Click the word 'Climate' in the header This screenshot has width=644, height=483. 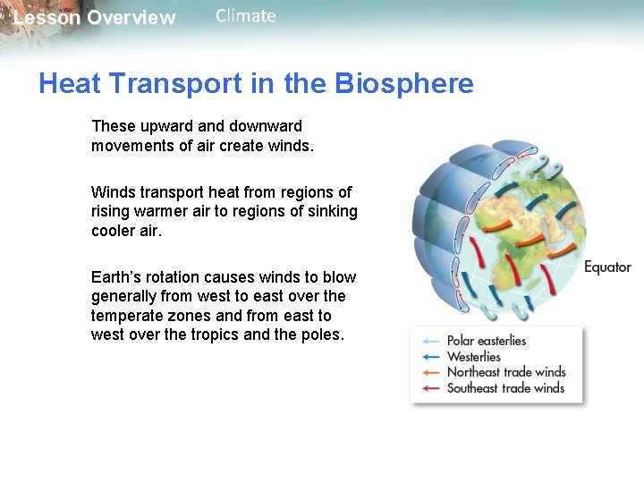click(246, 16)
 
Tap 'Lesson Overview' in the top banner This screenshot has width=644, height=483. click(95, 18)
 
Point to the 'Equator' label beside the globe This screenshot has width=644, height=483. click(607, 267)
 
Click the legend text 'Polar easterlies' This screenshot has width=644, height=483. click(487, 341)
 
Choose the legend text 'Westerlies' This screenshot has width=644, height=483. click(474, 357)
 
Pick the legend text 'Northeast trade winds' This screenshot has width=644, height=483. click(506, 372)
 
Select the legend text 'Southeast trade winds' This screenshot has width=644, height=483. click(506, 388)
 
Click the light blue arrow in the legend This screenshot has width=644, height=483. click(431, 341)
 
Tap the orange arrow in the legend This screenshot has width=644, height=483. click(431, 372)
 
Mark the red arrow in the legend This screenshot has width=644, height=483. click(431, 388)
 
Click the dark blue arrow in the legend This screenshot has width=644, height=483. click(431, 357)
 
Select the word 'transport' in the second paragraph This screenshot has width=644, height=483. click(173, 192)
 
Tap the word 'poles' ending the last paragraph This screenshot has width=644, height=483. click(322, 335)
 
